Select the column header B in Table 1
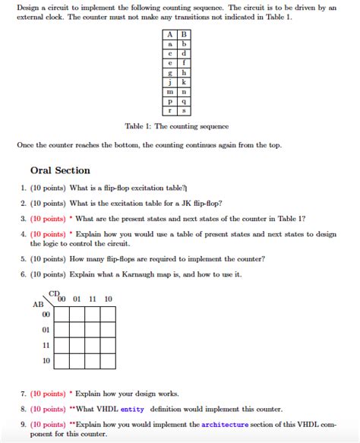[184, 35]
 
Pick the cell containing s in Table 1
[184, 109]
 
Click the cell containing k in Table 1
[184, 82]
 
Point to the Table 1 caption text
[176, 126]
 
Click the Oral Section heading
[60, 170]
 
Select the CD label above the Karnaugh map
[54, 293]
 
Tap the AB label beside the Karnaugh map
[38, 304]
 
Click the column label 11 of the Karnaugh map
[93, 299]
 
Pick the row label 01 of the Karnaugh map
[46, 330]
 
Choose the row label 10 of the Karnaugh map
[46, 360]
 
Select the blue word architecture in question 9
[225, 425]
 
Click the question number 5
[23, 258]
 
